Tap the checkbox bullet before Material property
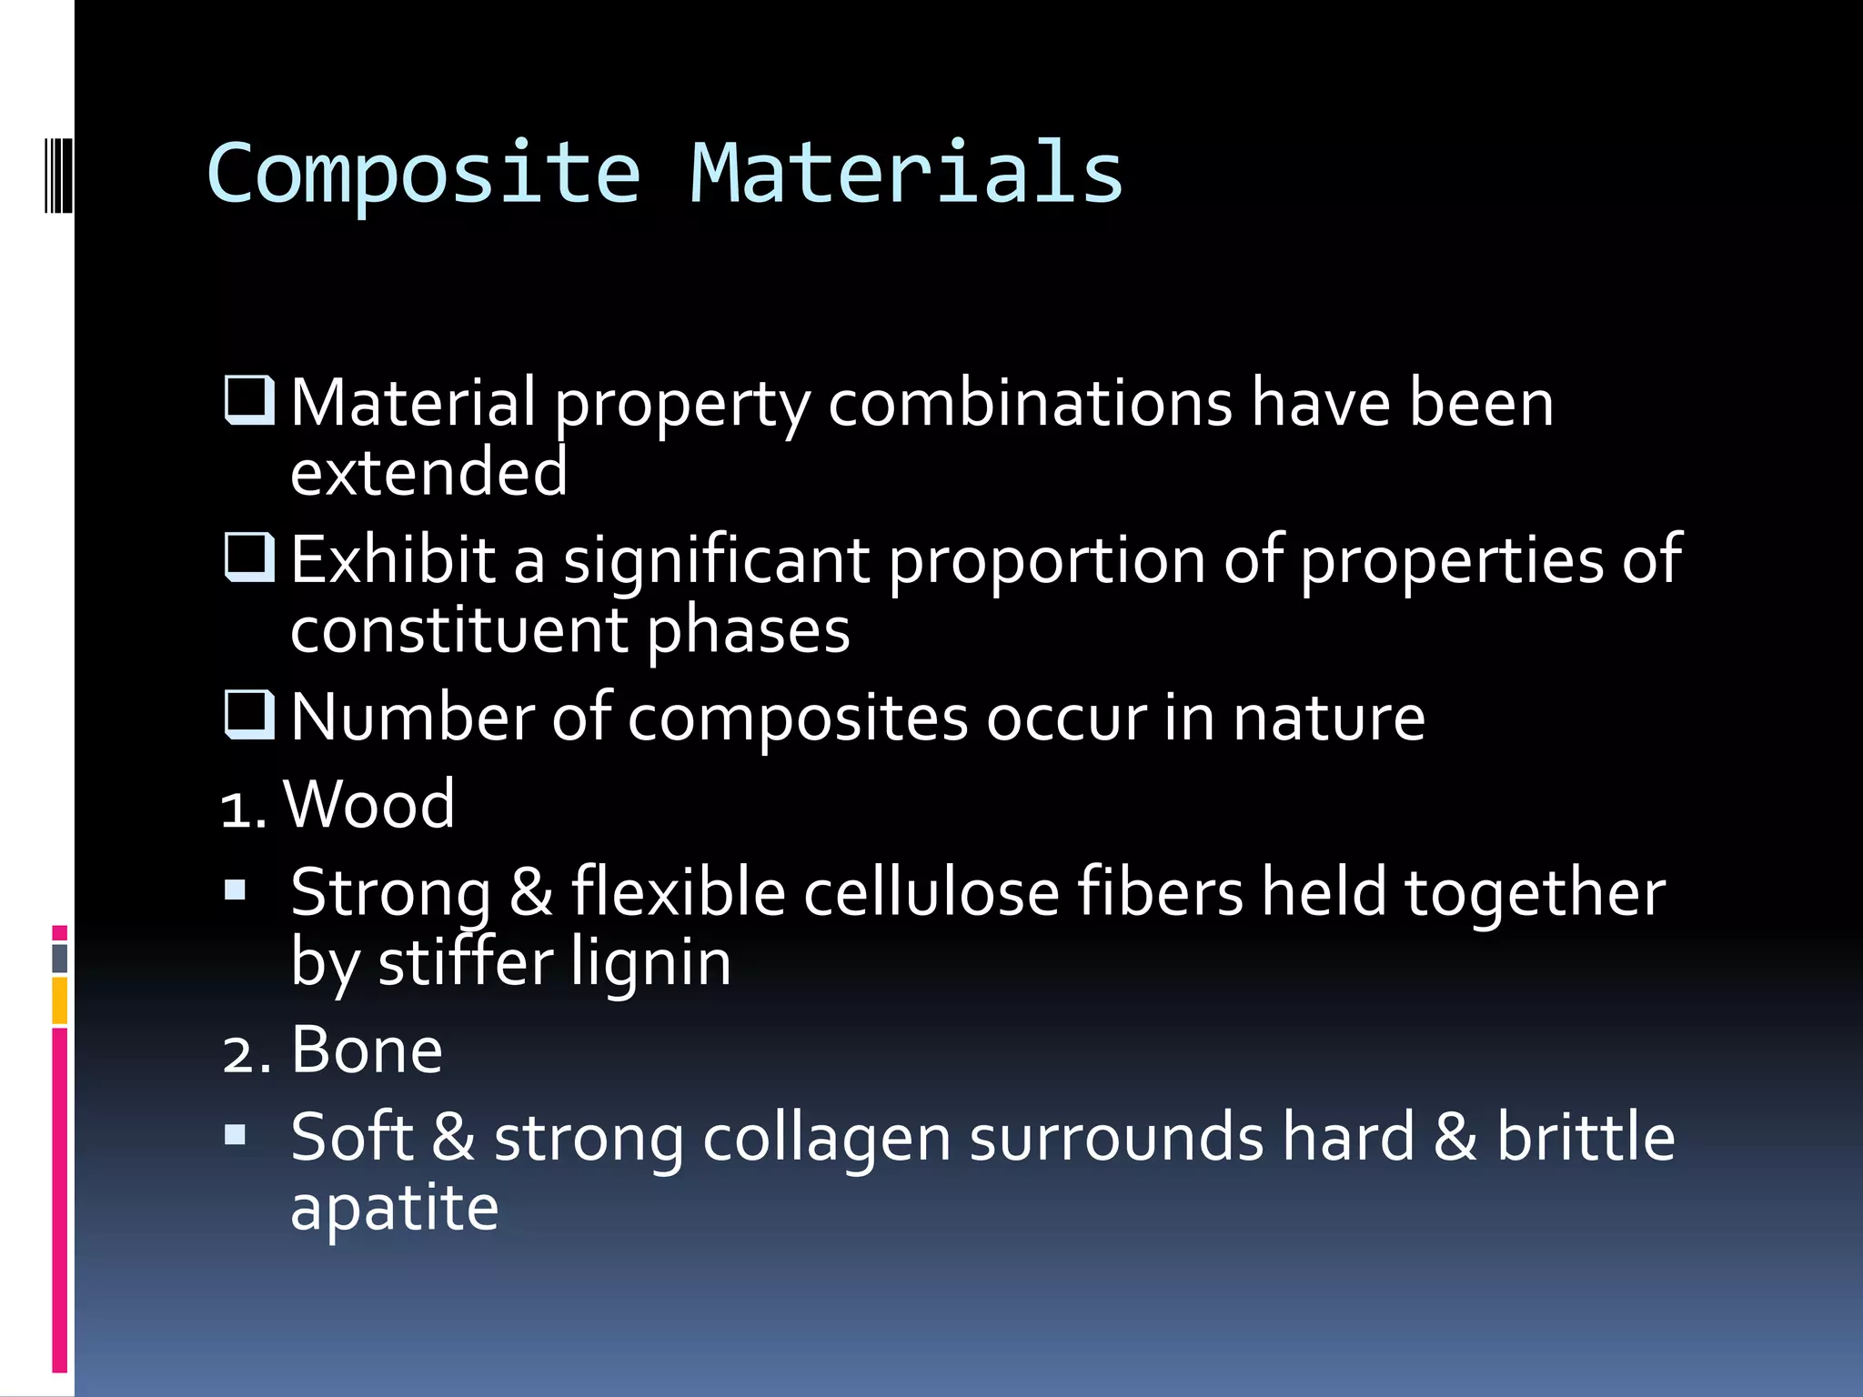[249, 401]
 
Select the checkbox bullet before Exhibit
[249, 558]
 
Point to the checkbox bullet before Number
[249, 715]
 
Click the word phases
[749, 629]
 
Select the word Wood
[368, 804]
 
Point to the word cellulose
[931, 892]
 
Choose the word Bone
[367, 1050]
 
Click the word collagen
[826, 1138]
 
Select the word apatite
[394, 1208]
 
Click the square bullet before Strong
[236, 889]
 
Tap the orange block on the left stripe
[60, 1000]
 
